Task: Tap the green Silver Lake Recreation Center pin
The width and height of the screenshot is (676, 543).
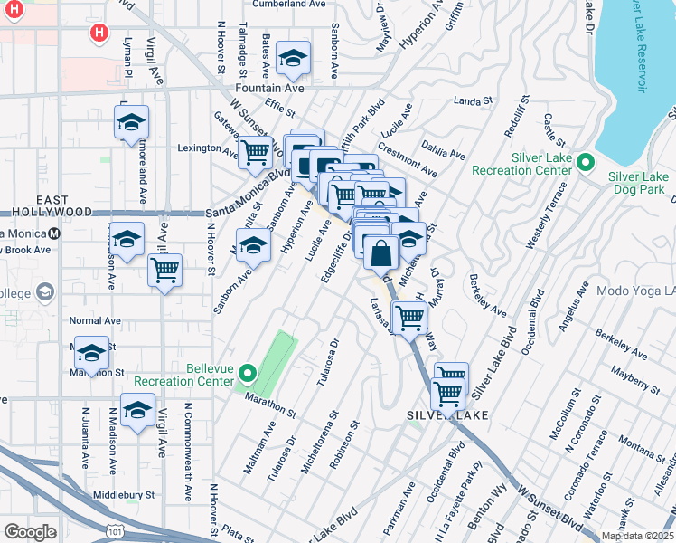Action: (x=586, y=164)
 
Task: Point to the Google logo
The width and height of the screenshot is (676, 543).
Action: (x=30, y=532)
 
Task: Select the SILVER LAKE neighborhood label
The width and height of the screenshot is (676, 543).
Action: (x=446, y=414)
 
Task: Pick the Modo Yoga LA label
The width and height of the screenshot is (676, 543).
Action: (x=636, y=292)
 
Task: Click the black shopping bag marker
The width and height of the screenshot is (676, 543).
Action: (x=381, y=252)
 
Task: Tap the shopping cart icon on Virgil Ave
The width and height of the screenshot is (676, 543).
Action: (x=164, y=270)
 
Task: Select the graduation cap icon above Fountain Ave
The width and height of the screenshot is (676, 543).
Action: (x=293, y=60)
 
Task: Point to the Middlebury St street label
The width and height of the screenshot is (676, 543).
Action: (x=125, y=496)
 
